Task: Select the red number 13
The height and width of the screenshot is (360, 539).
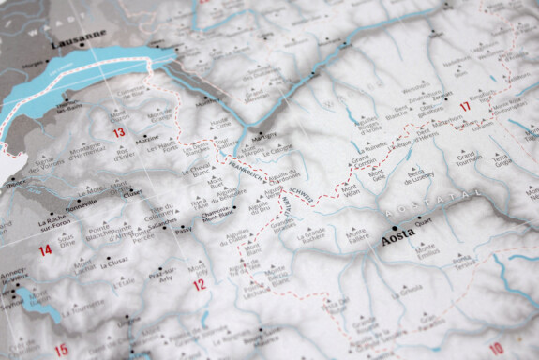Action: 118,133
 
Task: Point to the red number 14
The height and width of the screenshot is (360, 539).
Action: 45,251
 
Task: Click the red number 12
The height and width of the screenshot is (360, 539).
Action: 199,284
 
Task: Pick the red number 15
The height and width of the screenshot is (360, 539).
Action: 61,351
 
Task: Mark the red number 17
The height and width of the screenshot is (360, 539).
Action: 464,105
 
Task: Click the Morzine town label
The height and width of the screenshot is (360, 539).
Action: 147,141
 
